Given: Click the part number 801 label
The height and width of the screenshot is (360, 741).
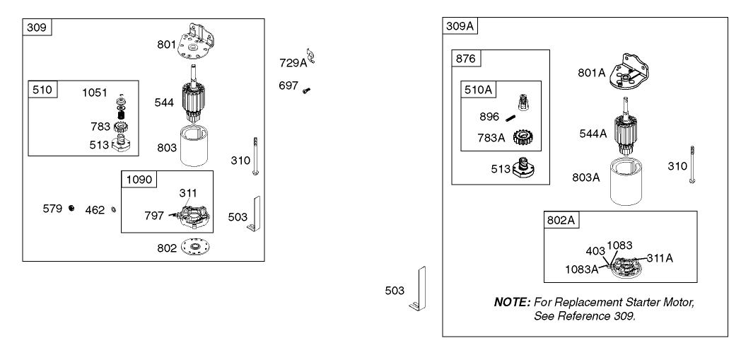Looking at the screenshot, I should [166, 45].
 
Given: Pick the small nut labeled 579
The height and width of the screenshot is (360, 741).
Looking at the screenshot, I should [71, 209].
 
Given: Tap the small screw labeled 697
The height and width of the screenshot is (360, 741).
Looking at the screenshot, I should [306, 90].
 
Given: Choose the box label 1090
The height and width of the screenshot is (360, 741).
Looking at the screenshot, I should [138, 180].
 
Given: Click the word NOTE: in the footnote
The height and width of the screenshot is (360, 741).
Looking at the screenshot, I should [512, 303].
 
